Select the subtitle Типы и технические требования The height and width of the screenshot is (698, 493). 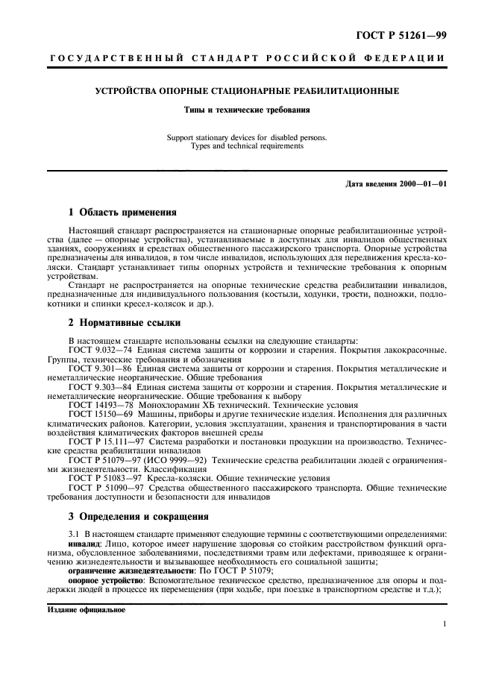[247, 110]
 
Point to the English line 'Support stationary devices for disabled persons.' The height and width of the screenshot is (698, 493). [247, 138]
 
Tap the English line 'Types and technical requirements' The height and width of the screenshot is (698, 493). [247, 147]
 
